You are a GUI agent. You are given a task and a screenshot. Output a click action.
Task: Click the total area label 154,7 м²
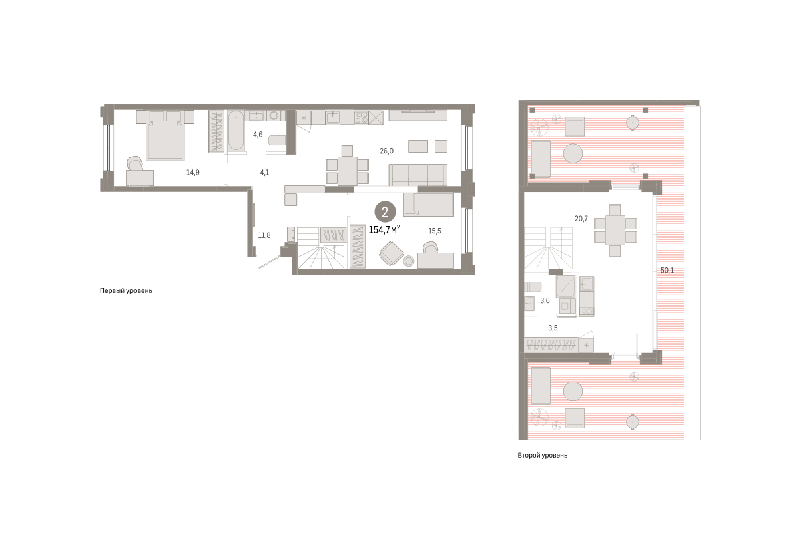[x=384, y=230]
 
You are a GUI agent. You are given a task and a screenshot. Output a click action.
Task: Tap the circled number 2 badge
[x=385, y=212]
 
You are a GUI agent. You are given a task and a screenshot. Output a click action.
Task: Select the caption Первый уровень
[x=126, y=291]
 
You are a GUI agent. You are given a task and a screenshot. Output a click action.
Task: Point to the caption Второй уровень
[x=542, y=456]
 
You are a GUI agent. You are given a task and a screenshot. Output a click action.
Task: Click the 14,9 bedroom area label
[x=193, y=173]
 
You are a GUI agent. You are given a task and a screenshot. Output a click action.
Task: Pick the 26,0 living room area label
[x=386, y=151]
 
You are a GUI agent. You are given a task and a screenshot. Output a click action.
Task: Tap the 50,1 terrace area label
[x=667, y=271]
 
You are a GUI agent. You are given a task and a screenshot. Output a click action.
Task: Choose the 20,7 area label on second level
[x=581, y=219]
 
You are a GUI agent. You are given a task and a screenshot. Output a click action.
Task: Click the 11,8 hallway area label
[x=264, y=235]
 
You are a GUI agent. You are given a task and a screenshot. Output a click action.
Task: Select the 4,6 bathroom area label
[x=258, y=135]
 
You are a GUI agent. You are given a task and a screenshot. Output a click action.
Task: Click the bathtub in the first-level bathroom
[x=236, y=131]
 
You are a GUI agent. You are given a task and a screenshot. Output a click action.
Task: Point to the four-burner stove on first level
[x=362, y=117]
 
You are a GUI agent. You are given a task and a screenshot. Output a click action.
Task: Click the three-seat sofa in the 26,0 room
[x=418, y=175]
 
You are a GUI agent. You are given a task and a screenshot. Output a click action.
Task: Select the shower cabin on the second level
[x=565, y=287]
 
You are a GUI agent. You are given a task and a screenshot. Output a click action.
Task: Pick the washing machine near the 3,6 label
[x=567, y=307]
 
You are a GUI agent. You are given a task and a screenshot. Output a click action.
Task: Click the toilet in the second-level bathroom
[x=533, y=287]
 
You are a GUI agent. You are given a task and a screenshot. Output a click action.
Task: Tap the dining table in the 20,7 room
[x=615, y=230]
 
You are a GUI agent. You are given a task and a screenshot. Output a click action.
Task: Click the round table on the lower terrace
[x=573, y=391]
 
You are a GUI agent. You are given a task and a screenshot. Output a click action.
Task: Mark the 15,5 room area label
[x=435, y=231]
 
